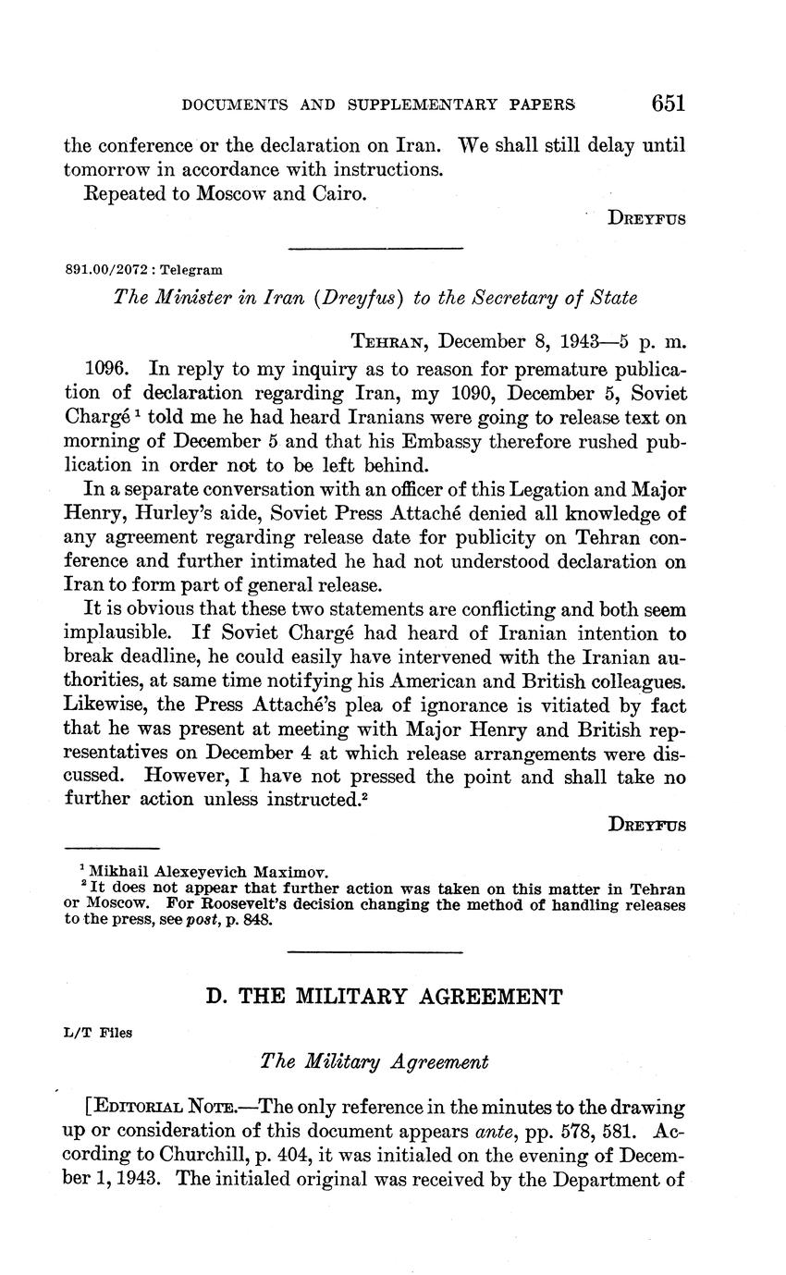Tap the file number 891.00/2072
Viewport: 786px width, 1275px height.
click(x=109, y=270)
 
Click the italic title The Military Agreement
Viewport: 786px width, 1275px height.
click(x=375, y=1062)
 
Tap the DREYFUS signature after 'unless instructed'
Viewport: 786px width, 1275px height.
click(x=647, y=826)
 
